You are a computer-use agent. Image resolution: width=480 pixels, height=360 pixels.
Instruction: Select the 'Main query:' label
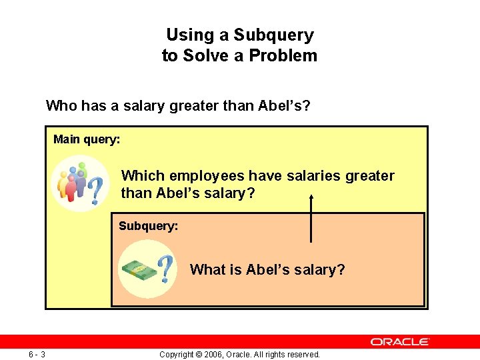click(x=87, y=139)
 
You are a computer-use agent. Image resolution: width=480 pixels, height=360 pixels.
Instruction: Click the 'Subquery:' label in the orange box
click(x=148, y=226)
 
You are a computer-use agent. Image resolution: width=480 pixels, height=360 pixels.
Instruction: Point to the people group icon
click(x=72, y=182)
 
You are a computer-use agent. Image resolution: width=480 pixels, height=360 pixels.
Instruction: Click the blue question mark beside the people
click(x=97, y=190)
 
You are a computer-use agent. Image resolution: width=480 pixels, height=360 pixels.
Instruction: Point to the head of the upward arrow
click(x=311, y=198)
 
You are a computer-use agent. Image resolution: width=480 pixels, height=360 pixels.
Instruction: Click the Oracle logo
click(x=400, y=341)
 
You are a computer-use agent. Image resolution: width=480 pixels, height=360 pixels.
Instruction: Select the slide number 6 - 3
click(x=37, y=354)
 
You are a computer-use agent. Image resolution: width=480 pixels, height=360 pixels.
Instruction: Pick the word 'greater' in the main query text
click(x=371, y=176)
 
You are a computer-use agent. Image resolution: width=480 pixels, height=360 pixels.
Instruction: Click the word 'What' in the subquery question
click(x=207, y=270)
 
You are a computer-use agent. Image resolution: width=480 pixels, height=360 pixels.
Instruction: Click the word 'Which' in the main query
click(x=143, y=176)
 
